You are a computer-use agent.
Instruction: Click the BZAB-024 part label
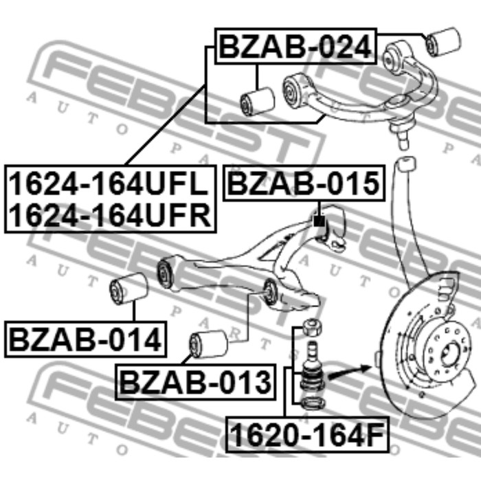click(296, 46)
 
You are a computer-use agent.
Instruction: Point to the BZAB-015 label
click(303, 183)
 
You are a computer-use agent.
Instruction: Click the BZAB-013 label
click(196, 382)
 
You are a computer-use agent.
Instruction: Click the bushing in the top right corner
click(442, 41)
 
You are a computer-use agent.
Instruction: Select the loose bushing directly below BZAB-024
click(258, 98)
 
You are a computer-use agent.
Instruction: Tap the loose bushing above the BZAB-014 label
click(129, 287)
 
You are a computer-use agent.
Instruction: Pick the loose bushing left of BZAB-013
click(208, 343)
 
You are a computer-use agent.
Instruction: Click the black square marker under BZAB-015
click(318, 221)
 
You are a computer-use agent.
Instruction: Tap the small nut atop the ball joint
click(312, 326)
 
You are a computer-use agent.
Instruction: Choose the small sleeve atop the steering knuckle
click(405, 163)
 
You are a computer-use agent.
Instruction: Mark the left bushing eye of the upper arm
click(294, 90)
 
